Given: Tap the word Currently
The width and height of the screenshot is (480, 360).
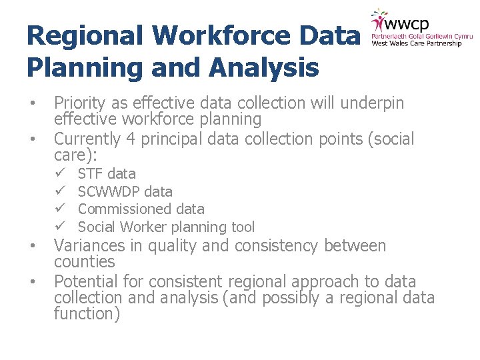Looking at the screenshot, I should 88,139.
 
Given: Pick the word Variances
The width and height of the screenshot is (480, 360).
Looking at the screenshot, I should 87,246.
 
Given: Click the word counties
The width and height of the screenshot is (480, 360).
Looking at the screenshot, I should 84,262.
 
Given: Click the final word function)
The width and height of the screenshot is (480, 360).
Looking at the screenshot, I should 87,314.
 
